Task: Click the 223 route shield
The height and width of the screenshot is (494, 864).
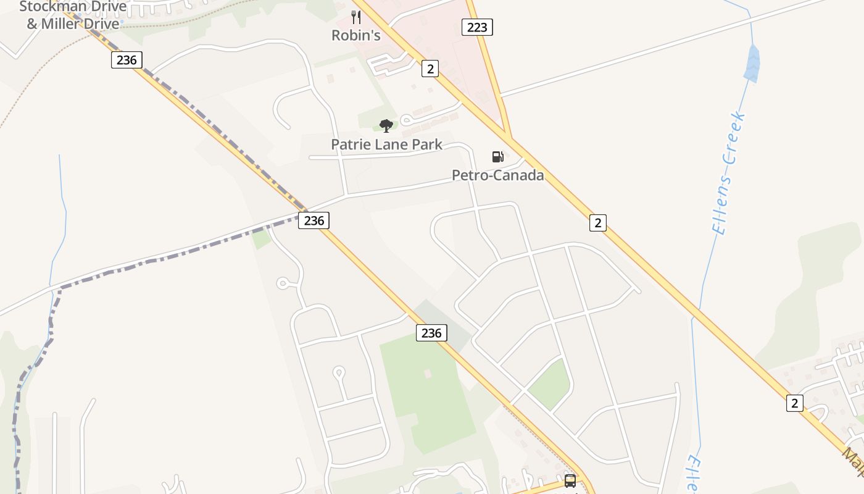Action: tap(477, 27)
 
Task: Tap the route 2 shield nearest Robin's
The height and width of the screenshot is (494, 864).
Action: tap(430, 68)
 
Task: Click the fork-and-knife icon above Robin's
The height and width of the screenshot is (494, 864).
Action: tap(356, 17)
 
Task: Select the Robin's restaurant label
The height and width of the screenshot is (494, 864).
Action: tap(356, 35)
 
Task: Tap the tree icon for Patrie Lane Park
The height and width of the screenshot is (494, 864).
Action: tap(386, 126)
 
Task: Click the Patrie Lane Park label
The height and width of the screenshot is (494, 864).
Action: tap(386, 144)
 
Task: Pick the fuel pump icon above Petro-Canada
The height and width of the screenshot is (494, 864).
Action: tap(497, 157)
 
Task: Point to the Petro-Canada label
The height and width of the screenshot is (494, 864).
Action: tap(498, 175)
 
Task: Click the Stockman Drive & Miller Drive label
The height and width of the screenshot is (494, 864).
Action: tap(73, 15)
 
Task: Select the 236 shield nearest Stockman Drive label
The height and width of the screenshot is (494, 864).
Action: tap(127, 59)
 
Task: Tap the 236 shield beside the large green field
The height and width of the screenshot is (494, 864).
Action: tap(431, 333)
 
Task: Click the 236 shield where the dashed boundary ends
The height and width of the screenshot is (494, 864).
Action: tap(314, 220)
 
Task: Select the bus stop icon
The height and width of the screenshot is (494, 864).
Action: tap(570, 480)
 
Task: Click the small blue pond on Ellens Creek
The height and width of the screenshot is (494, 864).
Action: tap(752, 64)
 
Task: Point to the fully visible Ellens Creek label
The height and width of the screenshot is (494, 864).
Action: tap(729, 174)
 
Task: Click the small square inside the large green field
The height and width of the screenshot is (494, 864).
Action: tap(428, 374)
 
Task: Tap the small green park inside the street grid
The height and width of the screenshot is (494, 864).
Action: tap(549, 383)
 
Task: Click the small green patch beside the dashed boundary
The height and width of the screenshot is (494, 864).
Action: tap(261, 238)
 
